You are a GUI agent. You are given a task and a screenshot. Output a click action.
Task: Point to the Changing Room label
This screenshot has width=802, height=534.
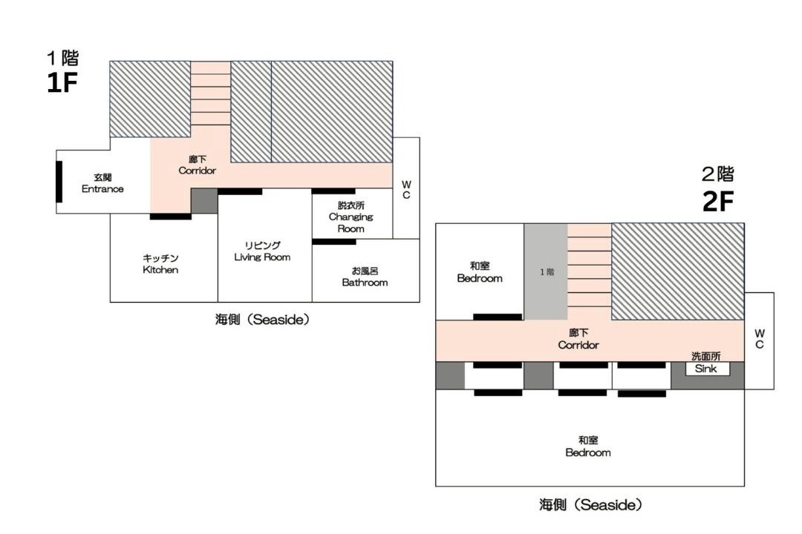[351, 217]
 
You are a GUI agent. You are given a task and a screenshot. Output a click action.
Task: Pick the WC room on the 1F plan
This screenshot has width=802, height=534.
[406, 188]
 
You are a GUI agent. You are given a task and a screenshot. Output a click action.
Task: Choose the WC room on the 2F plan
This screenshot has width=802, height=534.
[760, 340]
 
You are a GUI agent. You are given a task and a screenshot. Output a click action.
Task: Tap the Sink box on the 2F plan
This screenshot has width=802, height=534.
[706, 369]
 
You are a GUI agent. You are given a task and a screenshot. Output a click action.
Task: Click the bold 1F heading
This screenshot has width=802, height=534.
[62, 83]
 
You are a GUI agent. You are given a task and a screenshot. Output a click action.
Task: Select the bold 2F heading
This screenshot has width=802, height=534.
[719, 201]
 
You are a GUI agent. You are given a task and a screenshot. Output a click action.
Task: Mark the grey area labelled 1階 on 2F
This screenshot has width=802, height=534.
[546, 272]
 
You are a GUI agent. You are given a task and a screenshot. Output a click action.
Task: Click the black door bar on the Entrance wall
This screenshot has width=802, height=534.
[59, 182]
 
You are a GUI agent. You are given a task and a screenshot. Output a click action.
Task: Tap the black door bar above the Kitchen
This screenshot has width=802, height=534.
[171, 217]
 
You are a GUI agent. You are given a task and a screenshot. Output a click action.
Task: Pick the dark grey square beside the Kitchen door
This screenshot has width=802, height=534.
[205, 201]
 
